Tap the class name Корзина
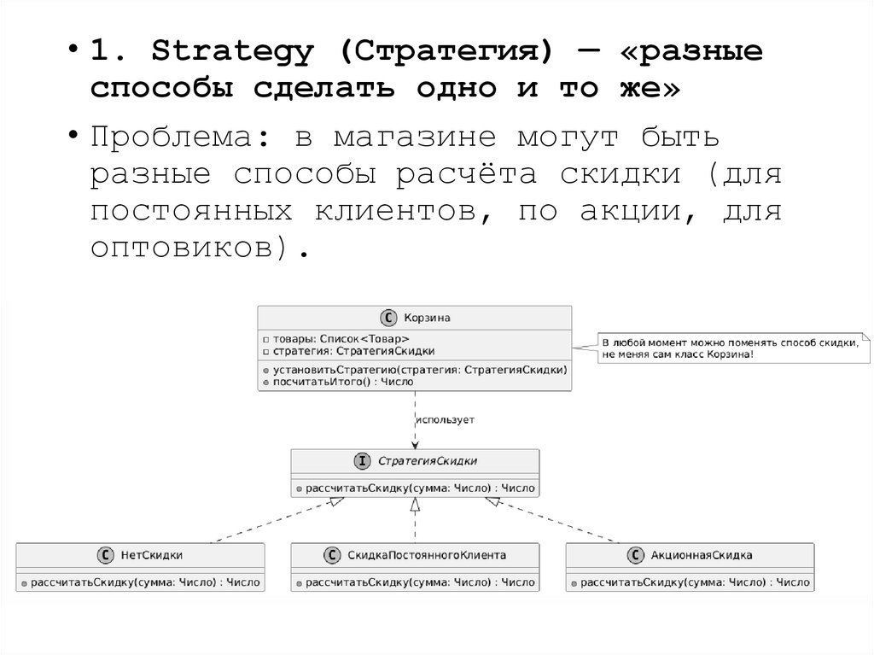click(x=428, y=318)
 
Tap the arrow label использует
click(x=445, y=420)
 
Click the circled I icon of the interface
click(x=362, y=461)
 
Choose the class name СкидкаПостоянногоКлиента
click(x=427, y=555)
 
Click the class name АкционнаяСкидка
click(x=701, y=555)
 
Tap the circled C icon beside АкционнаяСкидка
click(x=636, y=555)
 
